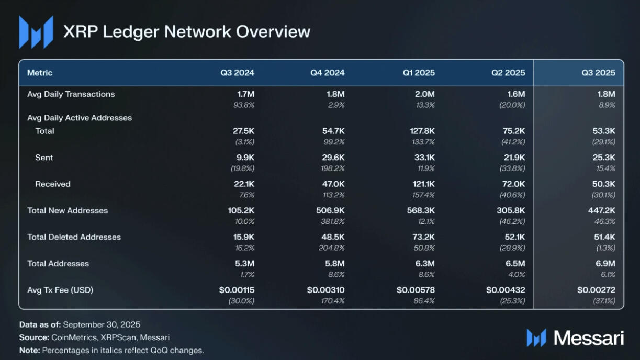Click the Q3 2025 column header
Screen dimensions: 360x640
coord(598,73)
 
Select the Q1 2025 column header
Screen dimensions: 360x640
coord(418,73)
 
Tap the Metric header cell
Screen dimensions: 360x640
coord(40,73)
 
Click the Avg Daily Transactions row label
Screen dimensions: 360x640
coord(71,94)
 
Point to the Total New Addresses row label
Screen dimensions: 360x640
coord(68,210)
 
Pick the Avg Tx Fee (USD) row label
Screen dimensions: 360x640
coord(60,289)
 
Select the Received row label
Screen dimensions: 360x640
coord(53,184)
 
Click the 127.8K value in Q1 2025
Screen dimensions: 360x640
coord(422,131)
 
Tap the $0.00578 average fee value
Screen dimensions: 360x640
coord(416,290)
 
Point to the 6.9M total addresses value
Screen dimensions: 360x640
coord(604,264)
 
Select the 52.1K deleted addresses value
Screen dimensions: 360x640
coord(513,237)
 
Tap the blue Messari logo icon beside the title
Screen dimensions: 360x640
coord(36,32)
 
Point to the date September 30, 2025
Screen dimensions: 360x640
coord(102,324)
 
